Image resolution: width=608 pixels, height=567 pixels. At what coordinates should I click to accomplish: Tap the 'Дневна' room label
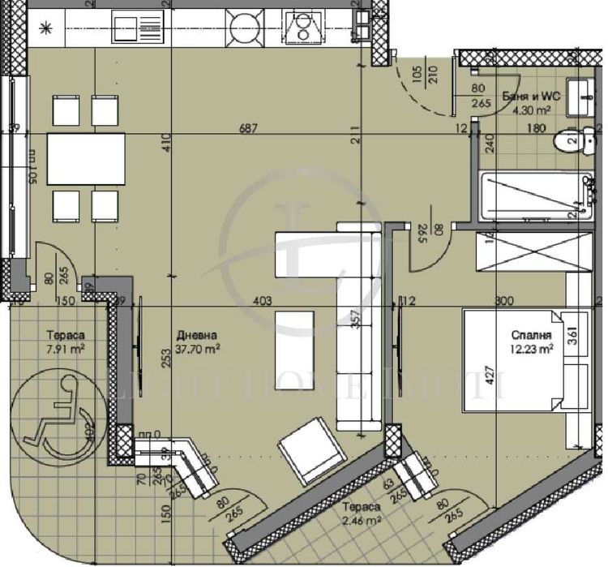tap(196, 333)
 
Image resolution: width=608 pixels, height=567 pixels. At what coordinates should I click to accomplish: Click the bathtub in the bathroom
tap(531, 195)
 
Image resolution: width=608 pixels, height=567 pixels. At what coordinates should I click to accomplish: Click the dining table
tap(87, 158)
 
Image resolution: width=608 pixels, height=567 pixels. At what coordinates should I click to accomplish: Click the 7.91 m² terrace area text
tap(66, 350)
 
